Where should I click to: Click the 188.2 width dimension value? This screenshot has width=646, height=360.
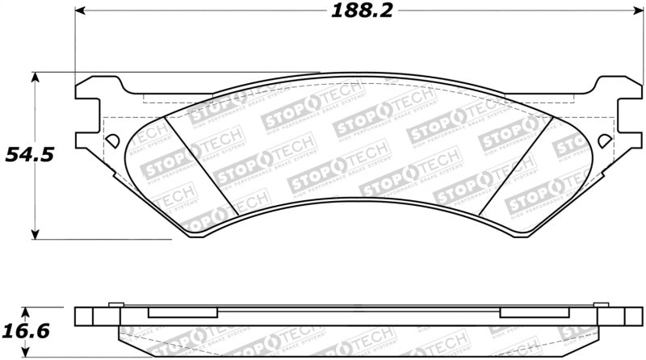355,12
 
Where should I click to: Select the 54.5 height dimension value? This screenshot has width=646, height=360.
31,154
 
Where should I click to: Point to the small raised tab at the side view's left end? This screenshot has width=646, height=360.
115,304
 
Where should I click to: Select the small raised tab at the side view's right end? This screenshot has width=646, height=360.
599,304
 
